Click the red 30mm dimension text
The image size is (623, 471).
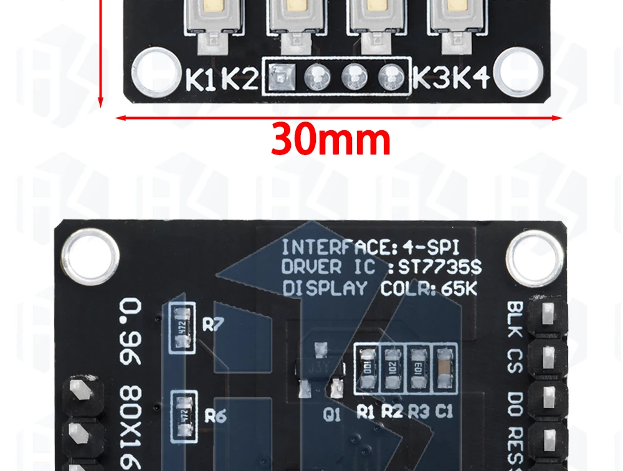tap(330, 141)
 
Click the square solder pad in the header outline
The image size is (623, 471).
tap(280, 78)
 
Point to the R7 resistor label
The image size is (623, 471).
tap(214, 325)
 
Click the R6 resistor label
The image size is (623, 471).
tap(214, 416)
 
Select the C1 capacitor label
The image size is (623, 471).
tap(444, 412)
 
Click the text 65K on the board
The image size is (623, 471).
tap(460, 288)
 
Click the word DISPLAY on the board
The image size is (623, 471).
tap(325, 288)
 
